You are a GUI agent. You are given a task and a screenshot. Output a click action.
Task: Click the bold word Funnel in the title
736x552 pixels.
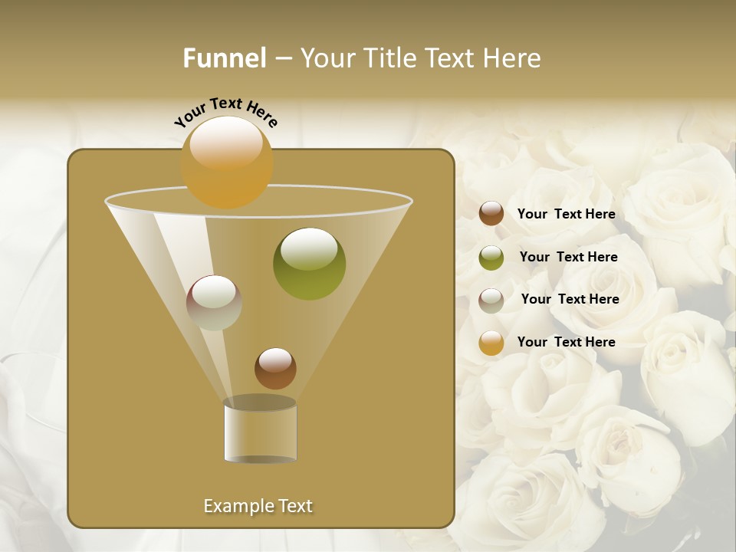[225, 58]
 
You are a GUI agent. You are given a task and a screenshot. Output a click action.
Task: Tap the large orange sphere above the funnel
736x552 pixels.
[227, 162]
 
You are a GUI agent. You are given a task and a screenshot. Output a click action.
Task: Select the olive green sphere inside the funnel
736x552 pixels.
[310, 264]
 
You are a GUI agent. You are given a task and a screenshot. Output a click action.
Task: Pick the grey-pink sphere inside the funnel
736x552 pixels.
[214, 303]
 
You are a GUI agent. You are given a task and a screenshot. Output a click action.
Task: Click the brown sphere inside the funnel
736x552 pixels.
[275, 369]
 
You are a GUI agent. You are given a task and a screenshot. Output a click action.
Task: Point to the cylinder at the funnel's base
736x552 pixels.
[260, 432]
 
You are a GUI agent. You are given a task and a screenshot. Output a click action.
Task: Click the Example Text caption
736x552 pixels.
[258, 506]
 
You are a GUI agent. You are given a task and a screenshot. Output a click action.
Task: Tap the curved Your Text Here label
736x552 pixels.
[225, 112]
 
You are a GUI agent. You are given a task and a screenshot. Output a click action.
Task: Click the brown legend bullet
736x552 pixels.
[491, 214]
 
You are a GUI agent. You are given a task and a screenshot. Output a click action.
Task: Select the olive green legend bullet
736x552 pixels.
[491, 258]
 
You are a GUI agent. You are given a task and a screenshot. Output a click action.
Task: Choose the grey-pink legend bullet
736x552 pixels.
[491, 300]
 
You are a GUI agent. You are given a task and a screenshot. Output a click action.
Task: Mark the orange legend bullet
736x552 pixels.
[491, 343]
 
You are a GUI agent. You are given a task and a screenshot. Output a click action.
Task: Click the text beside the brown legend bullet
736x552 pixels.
[566, 215]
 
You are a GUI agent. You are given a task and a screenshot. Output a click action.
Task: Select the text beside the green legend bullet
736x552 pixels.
[568, 258]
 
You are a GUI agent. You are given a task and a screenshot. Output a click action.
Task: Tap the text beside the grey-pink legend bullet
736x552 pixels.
[570, 299]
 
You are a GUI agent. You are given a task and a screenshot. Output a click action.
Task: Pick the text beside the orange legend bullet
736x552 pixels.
[566, 342]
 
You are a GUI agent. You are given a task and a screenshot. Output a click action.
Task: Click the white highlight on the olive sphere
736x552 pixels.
[309, 248]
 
